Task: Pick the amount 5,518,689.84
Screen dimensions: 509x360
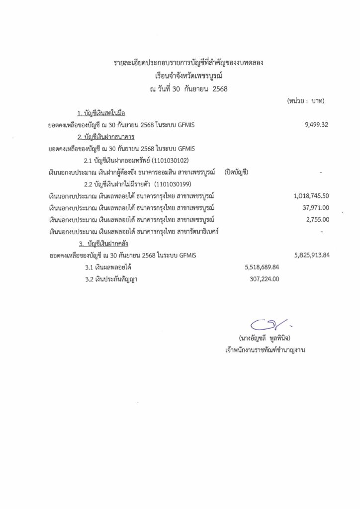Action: (x=262, y=267)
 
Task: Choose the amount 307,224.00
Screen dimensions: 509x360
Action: (x=264, y=279)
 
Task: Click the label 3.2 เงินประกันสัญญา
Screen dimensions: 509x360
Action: (x=111, y=279)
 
